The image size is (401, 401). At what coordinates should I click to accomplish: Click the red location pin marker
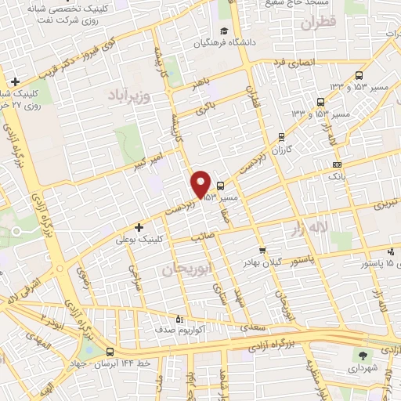[200, 183]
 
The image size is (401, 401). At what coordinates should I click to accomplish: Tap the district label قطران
[338, 23]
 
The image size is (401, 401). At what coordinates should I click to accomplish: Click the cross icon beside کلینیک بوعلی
[139, 227]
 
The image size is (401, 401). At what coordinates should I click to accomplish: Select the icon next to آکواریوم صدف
[179, 319]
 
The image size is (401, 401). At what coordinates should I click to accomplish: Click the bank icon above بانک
[337, 165]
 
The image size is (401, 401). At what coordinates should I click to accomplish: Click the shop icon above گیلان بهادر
[262, 251]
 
